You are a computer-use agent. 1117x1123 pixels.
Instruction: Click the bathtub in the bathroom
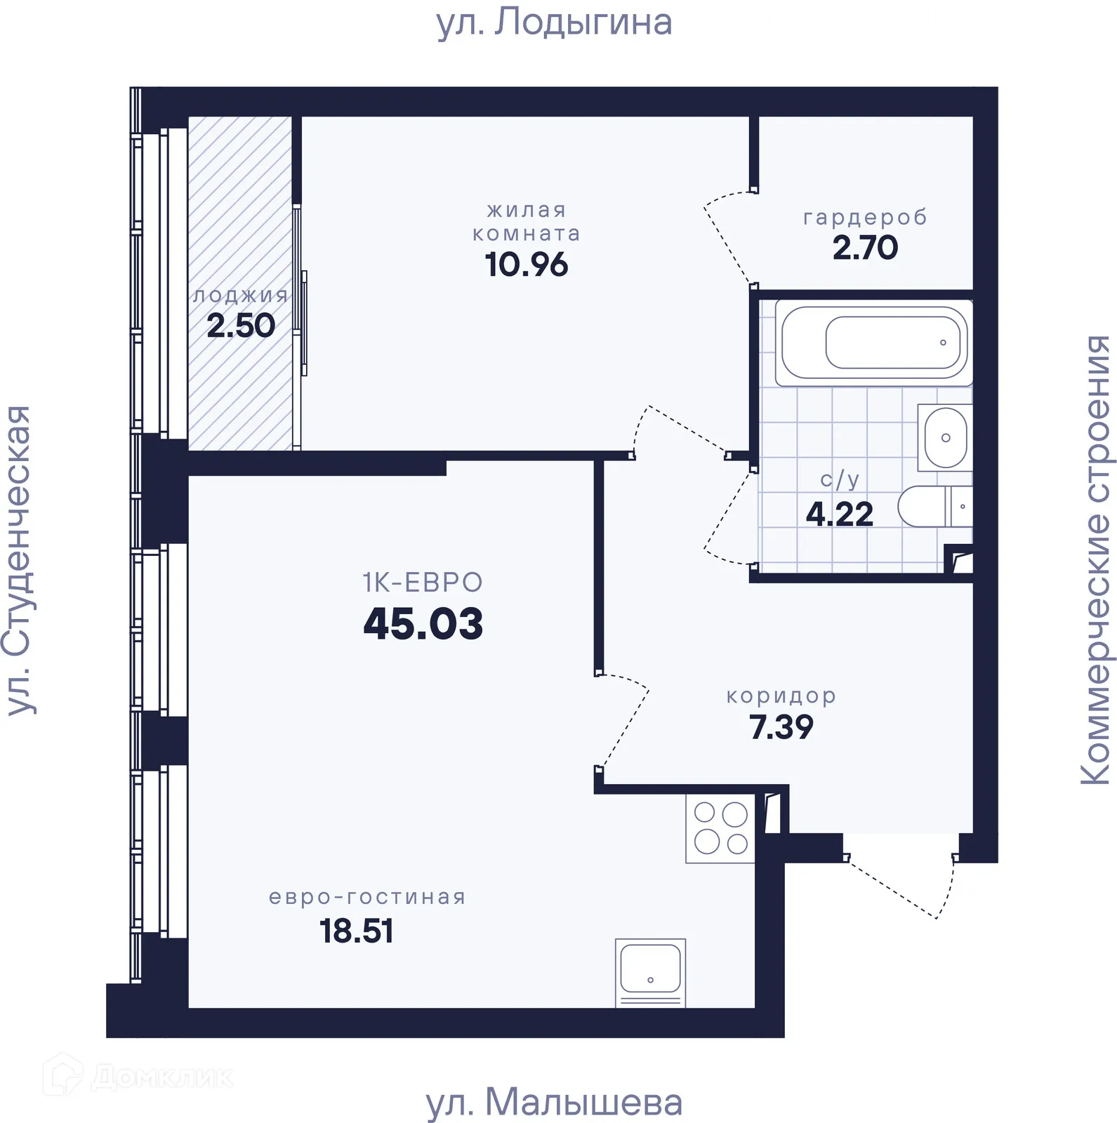pyautogui.click(x=873, y=343)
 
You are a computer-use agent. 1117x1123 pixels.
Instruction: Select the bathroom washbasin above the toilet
pyautogui.click(x=945, y=437)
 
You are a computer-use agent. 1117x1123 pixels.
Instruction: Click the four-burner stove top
pyautogui.click(x=720, y=828)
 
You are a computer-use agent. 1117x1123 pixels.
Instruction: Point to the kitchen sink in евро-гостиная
pyautogui.click(x=650, y=972)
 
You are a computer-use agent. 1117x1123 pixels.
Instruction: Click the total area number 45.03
pyautogui.click(x=423, y=623)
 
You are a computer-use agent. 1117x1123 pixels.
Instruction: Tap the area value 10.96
pyautogui.click(x=526, y=265)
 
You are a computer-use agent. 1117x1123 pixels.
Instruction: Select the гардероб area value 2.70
pyautogui.click(x=865, y=248)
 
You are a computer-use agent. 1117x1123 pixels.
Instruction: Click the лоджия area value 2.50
pyautogui.click(x=241, y=326)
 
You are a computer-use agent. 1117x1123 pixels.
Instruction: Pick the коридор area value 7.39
pyautogui.click(x=781, y=726)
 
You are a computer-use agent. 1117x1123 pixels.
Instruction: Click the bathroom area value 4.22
pyautogui.click(x=839, y=514)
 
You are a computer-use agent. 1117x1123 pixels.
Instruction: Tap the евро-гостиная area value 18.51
pyautogui.click(x=356, y=931)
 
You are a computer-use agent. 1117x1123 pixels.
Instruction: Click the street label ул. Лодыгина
pyautogui.click(x=554, y=22)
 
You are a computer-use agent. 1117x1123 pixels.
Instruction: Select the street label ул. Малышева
pyautogui.click(x=554, y=1102)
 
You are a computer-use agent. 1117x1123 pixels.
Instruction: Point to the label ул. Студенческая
pyautogui.click(x=19, y=559)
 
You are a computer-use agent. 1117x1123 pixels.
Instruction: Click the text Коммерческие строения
pyautogui.click(x=1095, y=559)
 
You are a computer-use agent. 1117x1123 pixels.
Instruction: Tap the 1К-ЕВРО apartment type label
pyautogui.click(x=423, y=583)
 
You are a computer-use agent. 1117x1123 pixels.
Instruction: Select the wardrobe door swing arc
pyautogui.click(x=723, y=239)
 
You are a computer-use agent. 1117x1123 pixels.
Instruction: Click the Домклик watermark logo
pyautogui.click(x=138, y=1076)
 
